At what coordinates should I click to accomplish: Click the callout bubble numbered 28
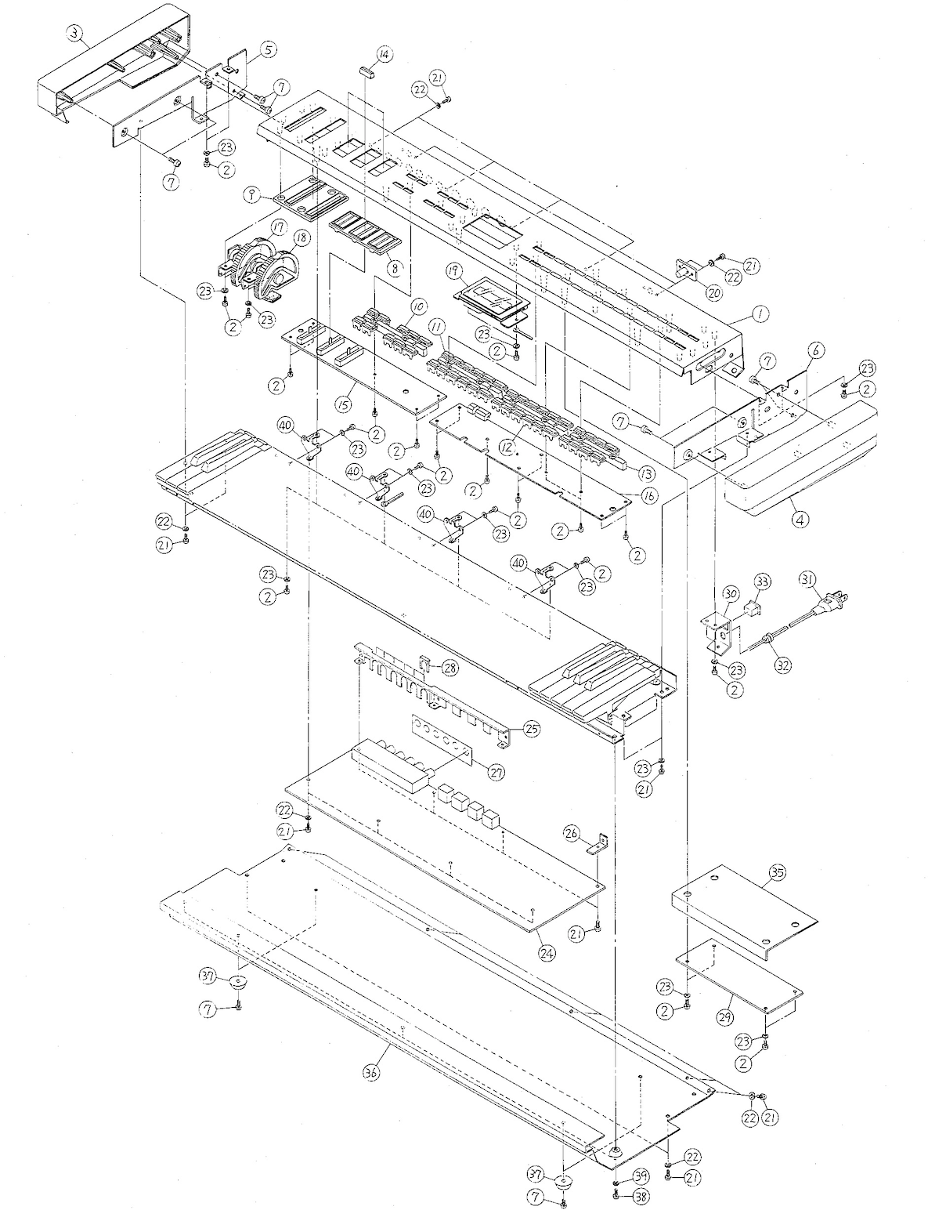click(x=450, y=668)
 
